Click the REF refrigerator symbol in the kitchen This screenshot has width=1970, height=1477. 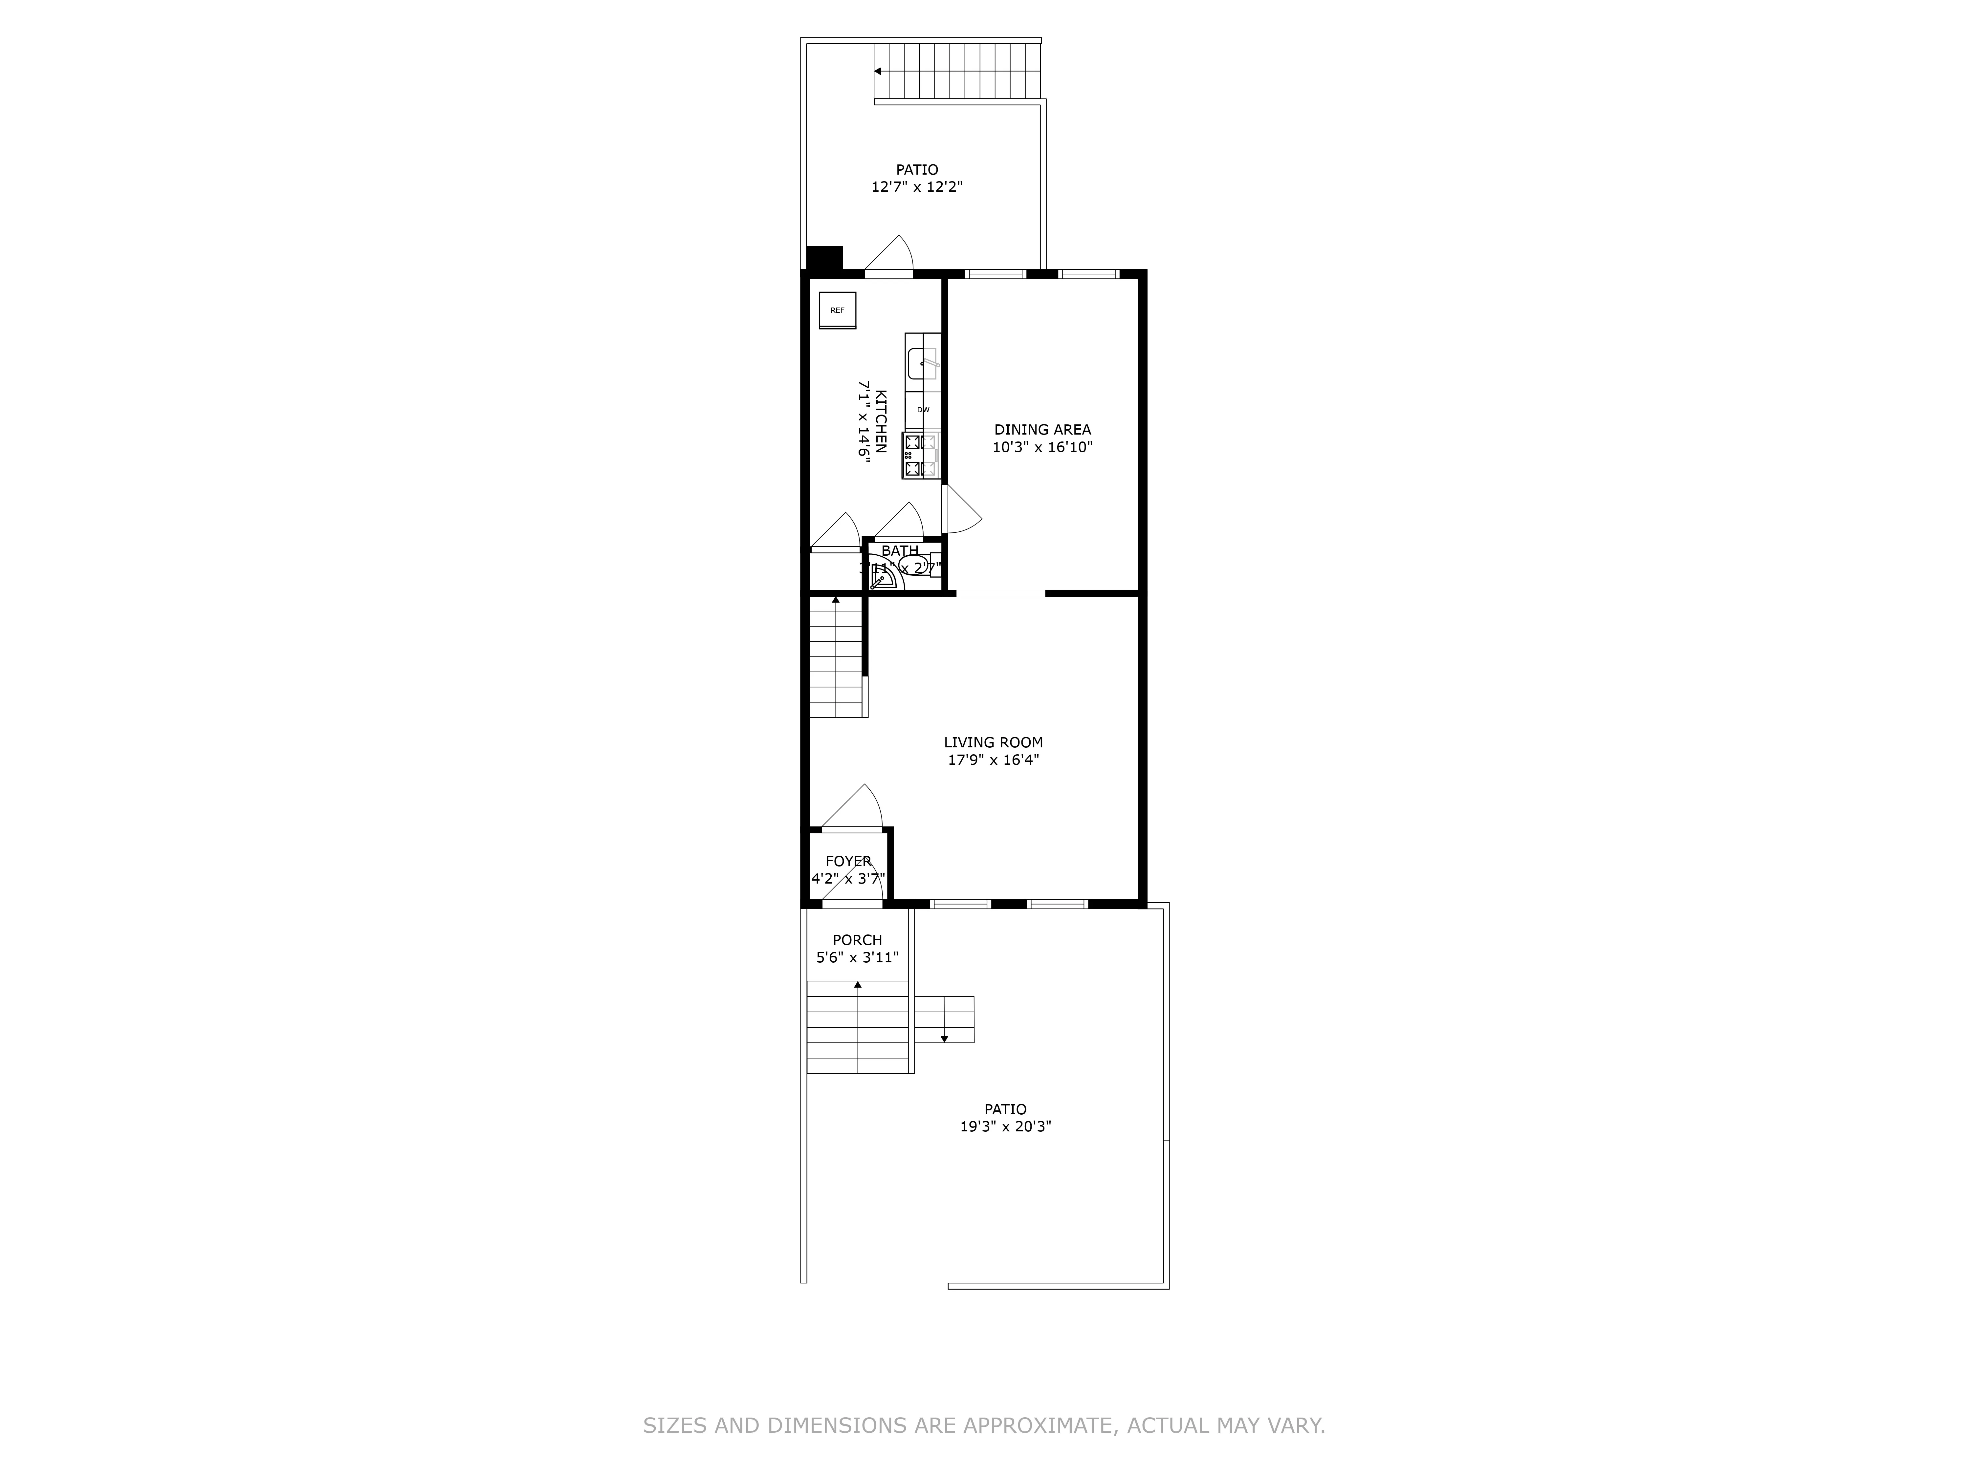tap(837, 310)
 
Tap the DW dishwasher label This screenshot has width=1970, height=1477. tap(923, 410)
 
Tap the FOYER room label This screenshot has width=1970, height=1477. tap(848, 861)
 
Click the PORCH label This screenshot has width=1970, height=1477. tap(857, 940)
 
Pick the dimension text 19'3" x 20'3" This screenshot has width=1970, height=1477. tap(1005, 1126)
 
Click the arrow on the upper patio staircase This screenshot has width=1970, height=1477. tap(878, 71)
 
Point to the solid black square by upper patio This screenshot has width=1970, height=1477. tap(824, 258)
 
